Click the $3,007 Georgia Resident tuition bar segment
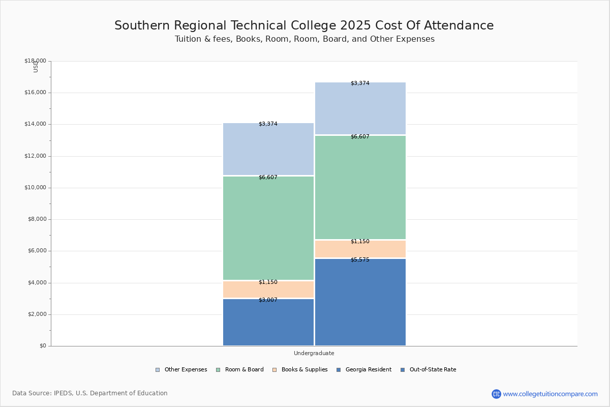pyautogui.click(x=268, y=322)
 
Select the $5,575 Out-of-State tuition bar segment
pyautogui.click(x=360, y=302)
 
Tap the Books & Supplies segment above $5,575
pyautogui.click(x=360, y=249)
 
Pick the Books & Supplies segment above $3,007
pyautogui.click(x=268, y=289)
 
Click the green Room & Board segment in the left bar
pyautogui.click(x=268, y=228)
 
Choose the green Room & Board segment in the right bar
pyautogui.click(x=360, y=187)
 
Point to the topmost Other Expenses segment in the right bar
pyautogui.click(x=360, y=108)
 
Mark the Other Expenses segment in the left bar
pyautogui.click(x=268, y=149)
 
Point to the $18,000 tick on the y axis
pyautogui.click(x=35, y=61)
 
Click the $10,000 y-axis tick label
pyautogui.click(x=35, y=188)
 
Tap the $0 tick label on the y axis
pyautogui.click(x=43, y=346)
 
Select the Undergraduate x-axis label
pyautogui.click(x=314, y=353)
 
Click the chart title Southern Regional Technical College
pyautogui.click(x=304, y=25)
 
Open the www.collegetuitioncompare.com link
pyautogui.click(x=550, y=394)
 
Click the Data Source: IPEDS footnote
pyautogui.click(x=90, y=393)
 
